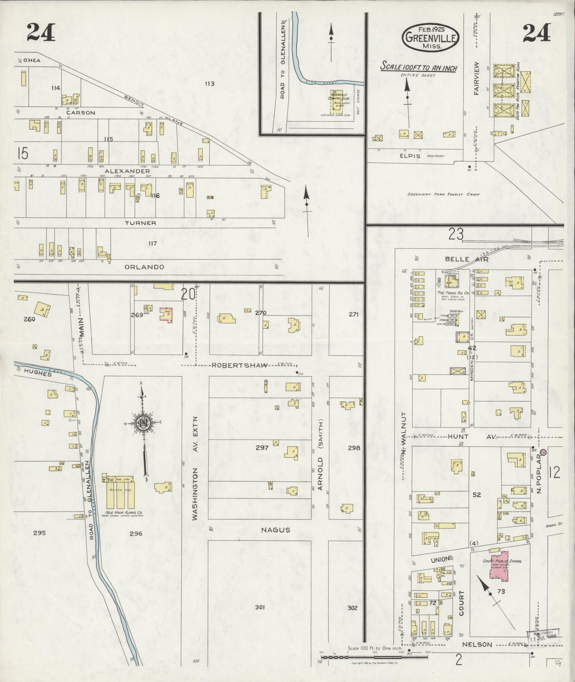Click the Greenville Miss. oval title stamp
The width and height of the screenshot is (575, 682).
tap(431, 38)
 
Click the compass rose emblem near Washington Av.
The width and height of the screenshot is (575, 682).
tap(142, 423)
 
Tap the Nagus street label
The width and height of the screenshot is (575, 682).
tap(275, 530)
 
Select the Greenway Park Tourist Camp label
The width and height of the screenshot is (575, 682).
tap(443, 195)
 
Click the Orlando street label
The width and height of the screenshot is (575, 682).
tap(144, 267)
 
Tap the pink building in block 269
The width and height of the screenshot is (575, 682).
tap(166, 315)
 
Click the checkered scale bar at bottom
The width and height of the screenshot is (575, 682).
tap(374, 657)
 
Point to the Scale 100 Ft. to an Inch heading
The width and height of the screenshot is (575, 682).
tap(418, 67)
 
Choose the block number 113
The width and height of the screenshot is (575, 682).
tap(210, 84)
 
